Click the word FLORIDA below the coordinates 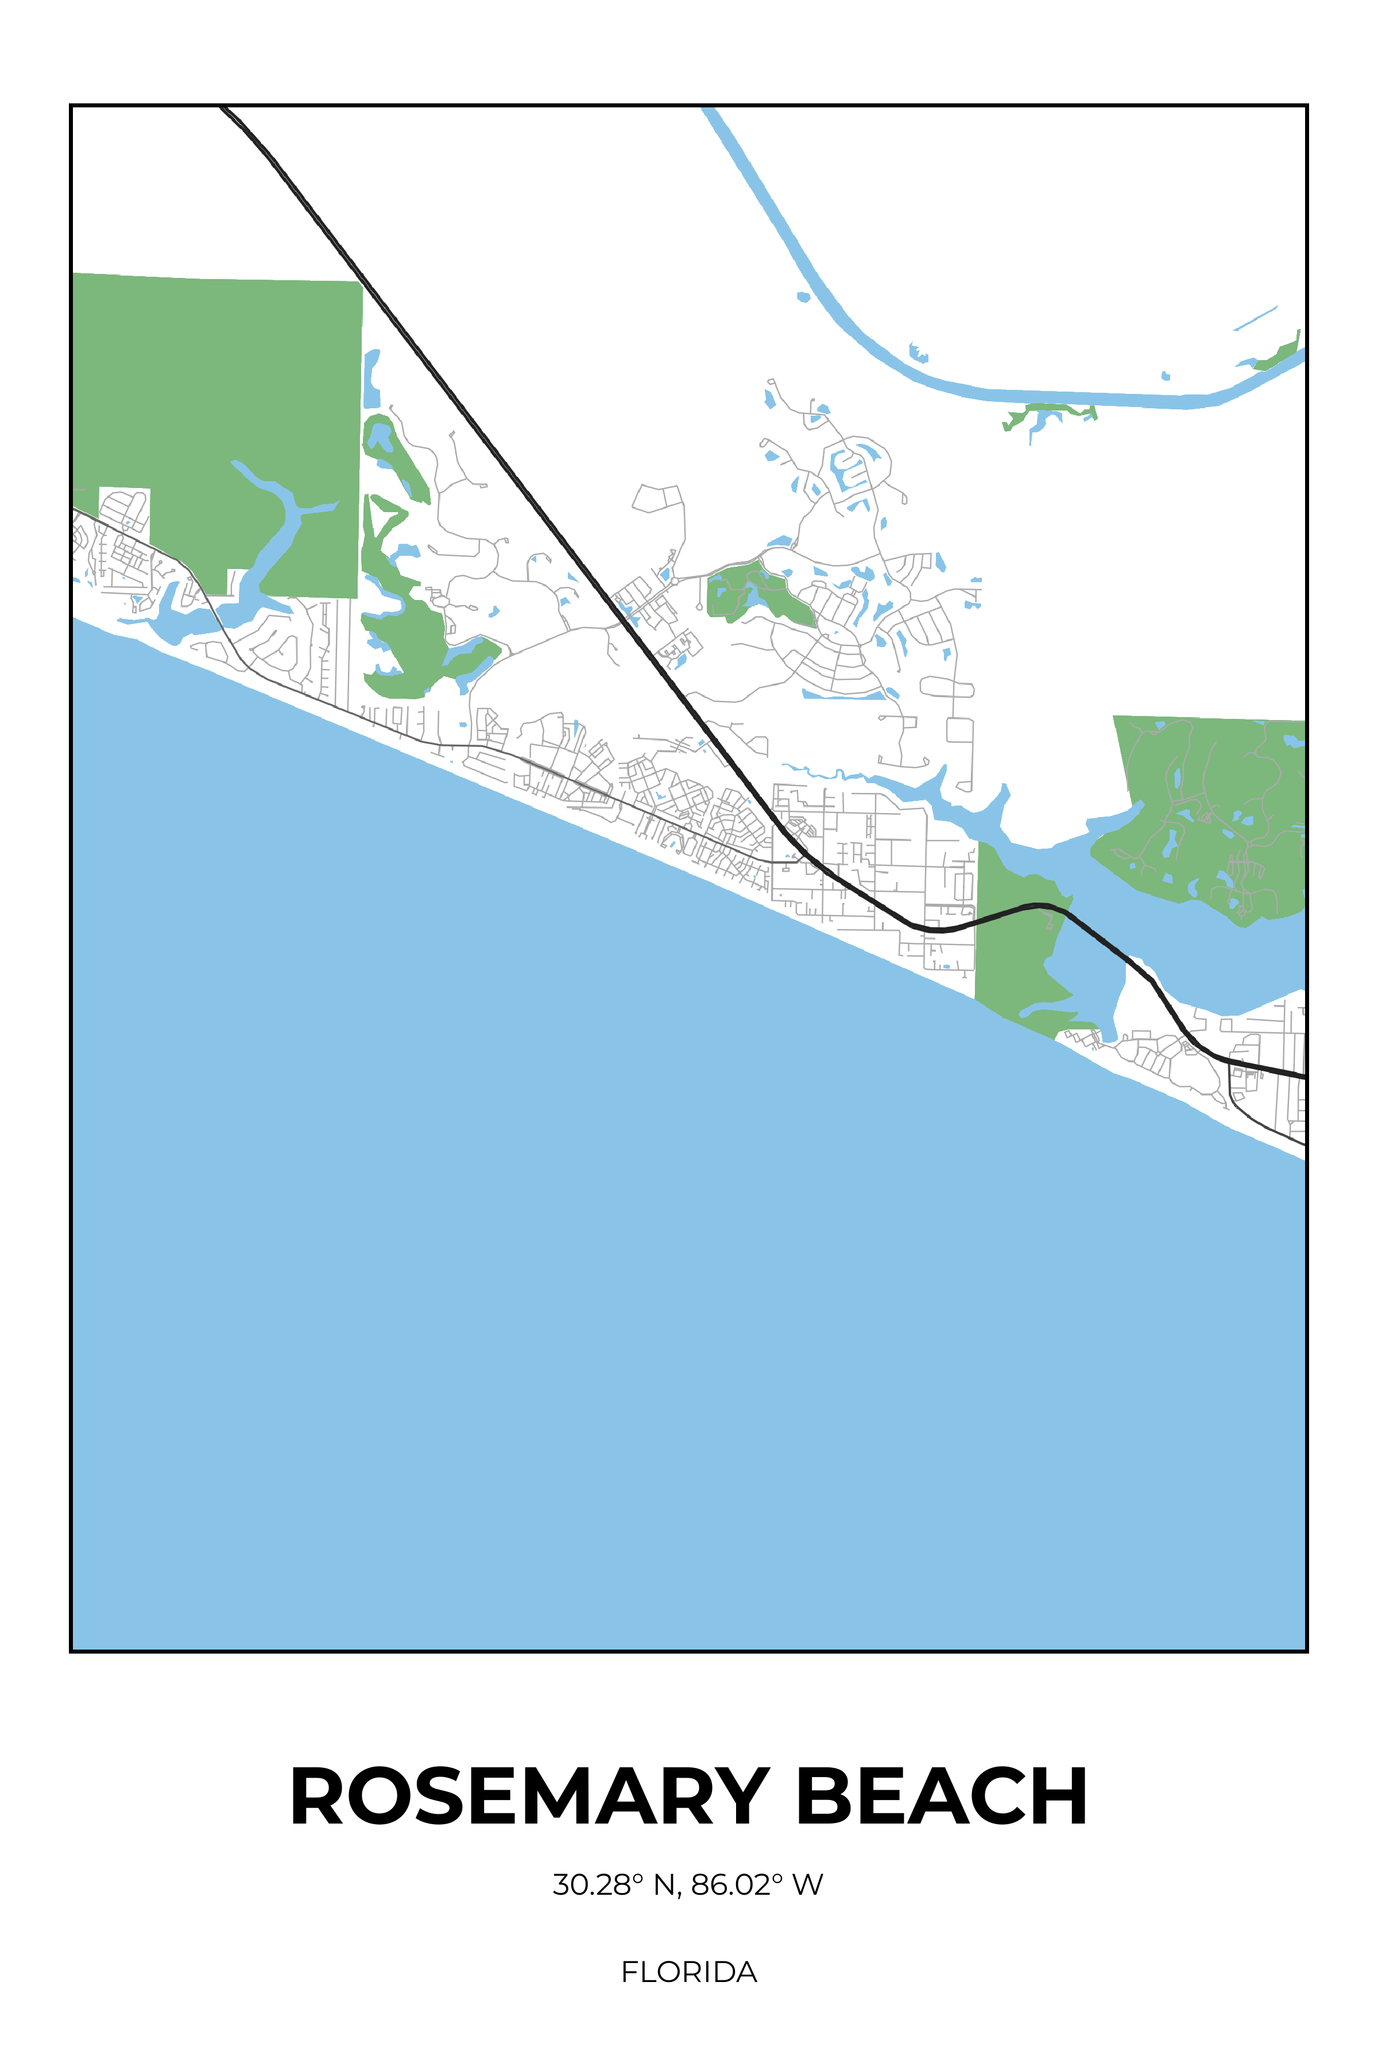(x=689, y=1972)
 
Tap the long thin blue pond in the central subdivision (x=843, y=696)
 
